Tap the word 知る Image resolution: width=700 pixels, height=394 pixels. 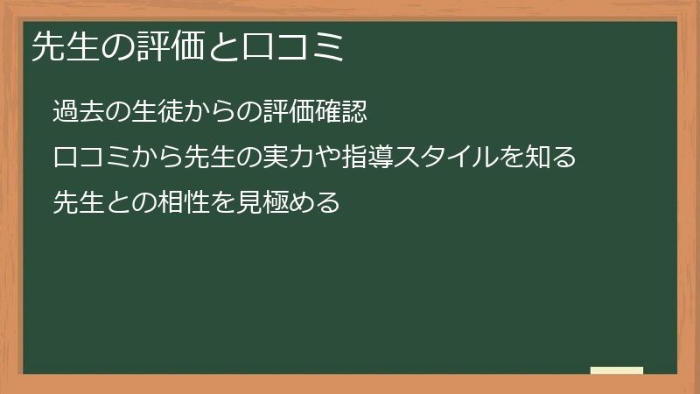548,158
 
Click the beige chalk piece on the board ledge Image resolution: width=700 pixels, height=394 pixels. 617,370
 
